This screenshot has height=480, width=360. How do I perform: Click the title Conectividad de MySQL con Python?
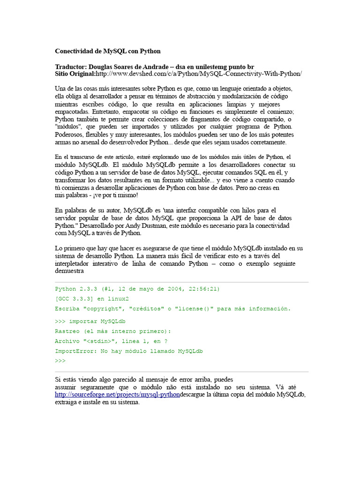tap(108, 51)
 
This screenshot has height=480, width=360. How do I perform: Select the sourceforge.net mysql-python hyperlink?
tap(117, 395)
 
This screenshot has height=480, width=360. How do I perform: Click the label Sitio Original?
tap(75, 74)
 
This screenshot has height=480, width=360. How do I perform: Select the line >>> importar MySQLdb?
tap(90, 321)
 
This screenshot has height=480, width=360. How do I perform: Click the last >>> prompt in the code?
tap(60, 360)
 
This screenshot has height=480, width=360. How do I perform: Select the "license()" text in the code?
tap(204, 308)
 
